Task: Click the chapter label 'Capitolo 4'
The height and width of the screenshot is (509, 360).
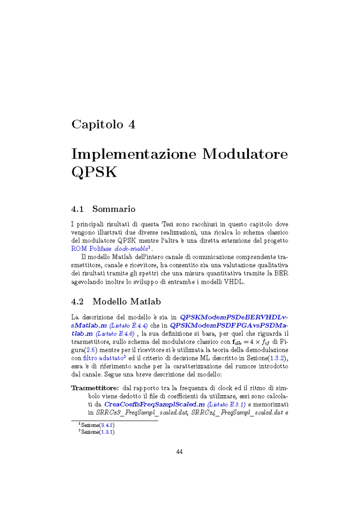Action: click(103, 124)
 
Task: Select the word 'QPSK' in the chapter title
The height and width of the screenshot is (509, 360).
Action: click(94, 172)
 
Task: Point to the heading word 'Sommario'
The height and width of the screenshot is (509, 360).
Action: click(113, 209)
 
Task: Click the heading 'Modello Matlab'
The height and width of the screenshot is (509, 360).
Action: click(126, 302)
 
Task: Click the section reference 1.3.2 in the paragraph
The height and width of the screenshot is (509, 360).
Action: click(277, 358)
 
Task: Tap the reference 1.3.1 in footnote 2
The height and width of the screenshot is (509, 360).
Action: click(107, 432)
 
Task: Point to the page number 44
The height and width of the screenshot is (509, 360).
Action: click(180, 452)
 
